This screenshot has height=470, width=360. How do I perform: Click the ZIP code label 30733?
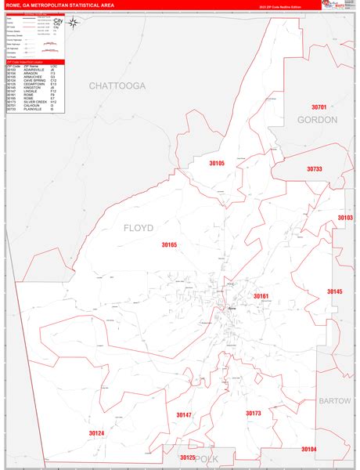[x=315, y=168]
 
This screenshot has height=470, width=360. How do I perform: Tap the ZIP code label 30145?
[x=335, y=291]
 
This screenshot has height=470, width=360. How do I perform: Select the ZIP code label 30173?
[x=254, y=413]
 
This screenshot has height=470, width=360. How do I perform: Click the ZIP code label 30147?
[x=183, y=414]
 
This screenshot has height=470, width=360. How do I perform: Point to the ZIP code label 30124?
[x=96, y=433]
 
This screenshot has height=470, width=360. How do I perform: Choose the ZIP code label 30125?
[x=187, y=457]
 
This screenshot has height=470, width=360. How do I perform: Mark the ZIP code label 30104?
[x=308, y=449]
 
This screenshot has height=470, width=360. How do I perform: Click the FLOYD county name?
[x=138, y=228]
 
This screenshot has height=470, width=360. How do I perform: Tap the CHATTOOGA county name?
[x=117, y=85]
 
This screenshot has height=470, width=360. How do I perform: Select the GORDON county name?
[x=317, y=120]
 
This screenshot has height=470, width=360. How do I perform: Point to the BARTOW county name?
[x=335, y=400]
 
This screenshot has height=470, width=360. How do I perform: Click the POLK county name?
[x=207, y=459]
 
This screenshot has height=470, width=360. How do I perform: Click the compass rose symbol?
[x=73, y=23]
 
